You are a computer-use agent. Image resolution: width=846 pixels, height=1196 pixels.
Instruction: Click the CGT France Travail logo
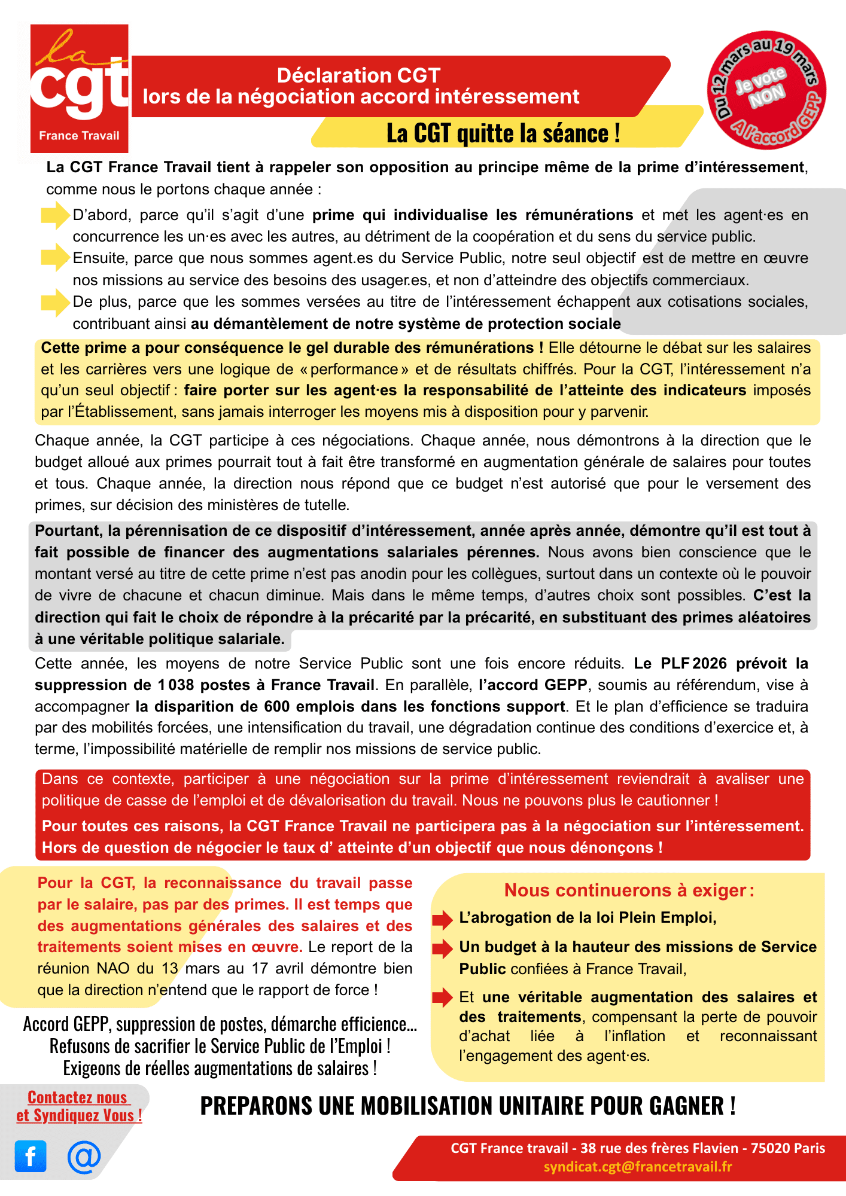coord(79,89)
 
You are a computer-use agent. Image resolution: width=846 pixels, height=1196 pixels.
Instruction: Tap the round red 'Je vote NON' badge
coord(766,90)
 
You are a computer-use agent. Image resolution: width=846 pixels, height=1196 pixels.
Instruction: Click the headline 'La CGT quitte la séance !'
coord(503,133)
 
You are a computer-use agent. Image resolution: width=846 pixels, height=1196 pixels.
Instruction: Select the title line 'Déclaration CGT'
coord(358,75)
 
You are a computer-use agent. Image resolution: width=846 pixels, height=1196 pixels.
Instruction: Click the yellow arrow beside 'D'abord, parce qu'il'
coord(55,215)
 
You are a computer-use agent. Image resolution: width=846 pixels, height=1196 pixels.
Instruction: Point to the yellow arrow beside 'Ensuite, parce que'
coord(55,258)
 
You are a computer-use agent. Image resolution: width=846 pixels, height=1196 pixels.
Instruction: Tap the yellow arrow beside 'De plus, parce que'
coord(55,302)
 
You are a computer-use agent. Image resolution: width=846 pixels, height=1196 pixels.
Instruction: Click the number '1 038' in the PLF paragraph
coord(176,685)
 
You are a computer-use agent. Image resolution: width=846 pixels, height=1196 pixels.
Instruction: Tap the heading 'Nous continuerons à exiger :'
coord(629,890)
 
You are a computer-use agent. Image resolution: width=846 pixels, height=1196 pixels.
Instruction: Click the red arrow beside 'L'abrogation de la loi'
coord(443,919)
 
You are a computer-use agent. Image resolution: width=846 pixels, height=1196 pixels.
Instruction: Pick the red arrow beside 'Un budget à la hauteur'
coord(443,948)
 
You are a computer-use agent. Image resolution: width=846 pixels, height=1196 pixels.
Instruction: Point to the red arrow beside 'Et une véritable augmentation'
coord(443,997)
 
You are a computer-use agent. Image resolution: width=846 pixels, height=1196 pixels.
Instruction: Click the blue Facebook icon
coord(31,1156)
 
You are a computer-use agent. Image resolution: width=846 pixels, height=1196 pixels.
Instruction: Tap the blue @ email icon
coord(84,1156)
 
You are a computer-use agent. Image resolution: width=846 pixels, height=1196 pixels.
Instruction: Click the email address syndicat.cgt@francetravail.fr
coord(638,1167)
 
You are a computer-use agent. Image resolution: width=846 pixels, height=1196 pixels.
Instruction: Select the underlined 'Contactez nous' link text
coord(77,1097)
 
